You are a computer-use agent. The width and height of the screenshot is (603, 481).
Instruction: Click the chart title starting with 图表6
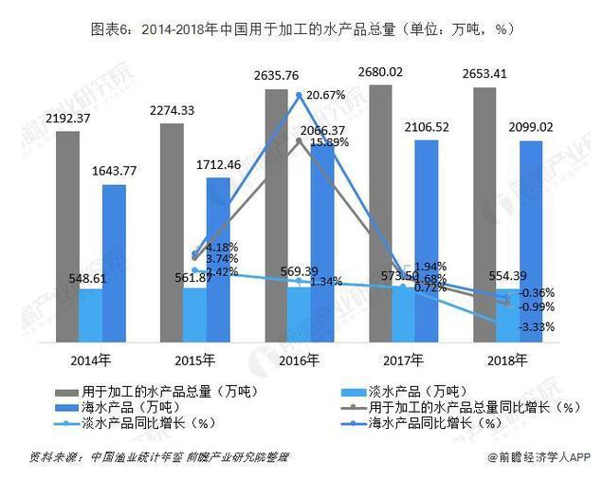(x=302, y=28)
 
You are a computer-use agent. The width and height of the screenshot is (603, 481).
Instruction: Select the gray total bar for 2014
(x=67, y=237)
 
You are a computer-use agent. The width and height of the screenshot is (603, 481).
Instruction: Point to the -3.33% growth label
(x=536, y=327)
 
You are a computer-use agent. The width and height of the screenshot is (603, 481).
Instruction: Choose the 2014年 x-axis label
(x=91, y=360)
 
